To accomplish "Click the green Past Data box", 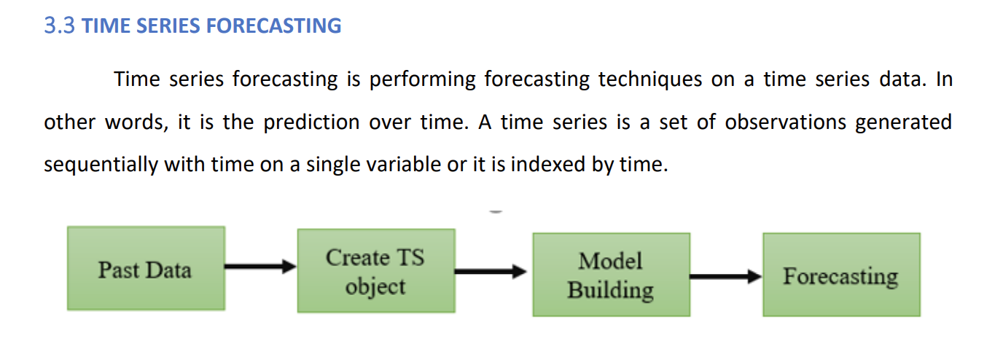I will tap(146, 268).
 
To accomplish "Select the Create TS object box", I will tap(375, 271).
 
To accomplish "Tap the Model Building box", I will tap(611, 275).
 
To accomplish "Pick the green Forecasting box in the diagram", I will tap(841, 275).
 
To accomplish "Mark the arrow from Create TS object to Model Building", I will tap(491, 272).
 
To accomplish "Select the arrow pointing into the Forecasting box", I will tap(725, 277).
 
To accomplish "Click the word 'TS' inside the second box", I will tap(410, 258).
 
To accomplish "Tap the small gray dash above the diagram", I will tap(496, 211).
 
